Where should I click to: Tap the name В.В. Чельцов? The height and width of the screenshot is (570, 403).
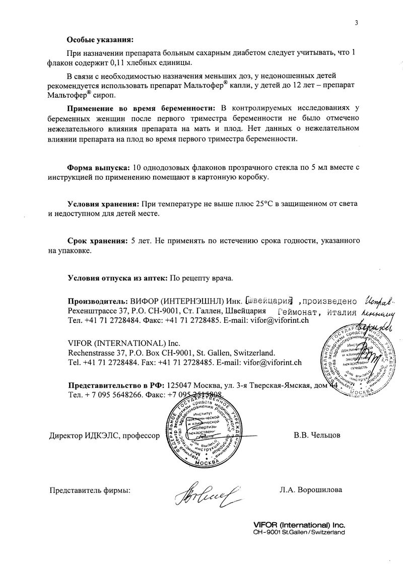pos(313,435)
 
